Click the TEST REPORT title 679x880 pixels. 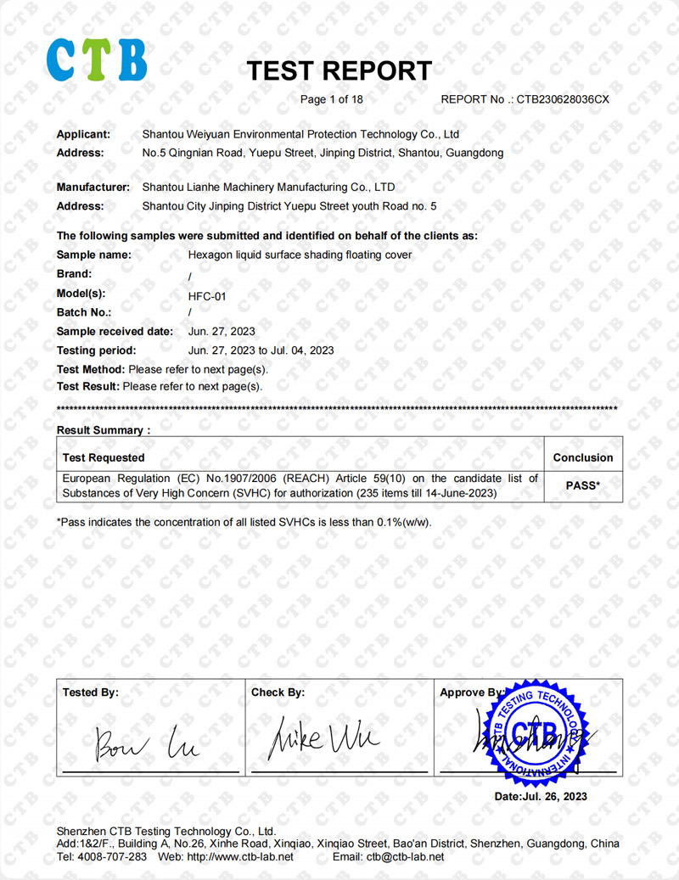coord(339,70)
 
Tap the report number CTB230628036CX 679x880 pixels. coord(563,99)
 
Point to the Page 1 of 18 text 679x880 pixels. coord(332,99)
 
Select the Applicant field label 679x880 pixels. coord(83,134)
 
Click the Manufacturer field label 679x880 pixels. coord(93,187)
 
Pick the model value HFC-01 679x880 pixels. coord(206,297)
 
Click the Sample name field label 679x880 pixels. coord(93,255)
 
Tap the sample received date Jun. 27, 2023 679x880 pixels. coord(221,331)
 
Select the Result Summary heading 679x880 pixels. coord(103,430)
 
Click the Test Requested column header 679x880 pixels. coord(104,457)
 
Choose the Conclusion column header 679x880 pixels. coord(582,457)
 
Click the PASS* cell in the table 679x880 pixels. coord(582,486)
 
